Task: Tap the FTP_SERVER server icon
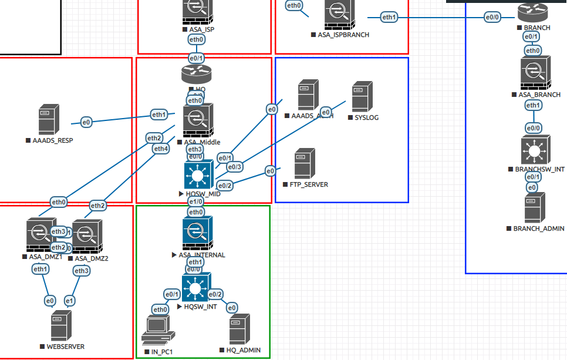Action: point(302,163)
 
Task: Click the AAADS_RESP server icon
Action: point(47,121)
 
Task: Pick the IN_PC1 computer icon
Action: point(158,329)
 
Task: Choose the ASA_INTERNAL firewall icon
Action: point(197,233)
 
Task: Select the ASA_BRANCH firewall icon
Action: point(534,72)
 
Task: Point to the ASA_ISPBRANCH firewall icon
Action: point(339,15)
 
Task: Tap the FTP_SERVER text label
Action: point(309,184)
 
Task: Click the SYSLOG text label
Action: point(367,117)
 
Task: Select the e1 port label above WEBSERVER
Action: point(70,301)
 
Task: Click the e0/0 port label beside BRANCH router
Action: point(492,18)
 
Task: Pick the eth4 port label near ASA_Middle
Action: point(161,149)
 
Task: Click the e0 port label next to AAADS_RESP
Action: point(86,122)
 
